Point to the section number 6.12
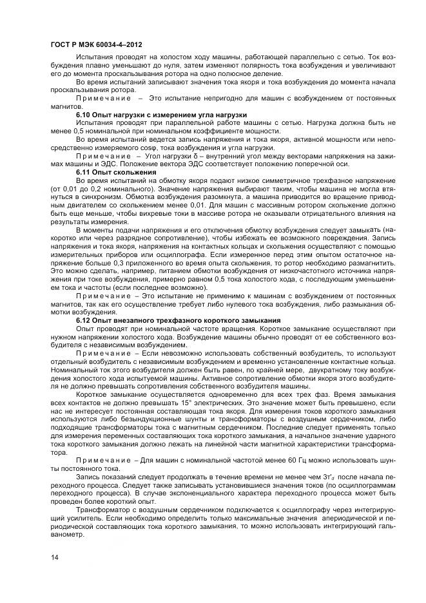click(x=83, y=320)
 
